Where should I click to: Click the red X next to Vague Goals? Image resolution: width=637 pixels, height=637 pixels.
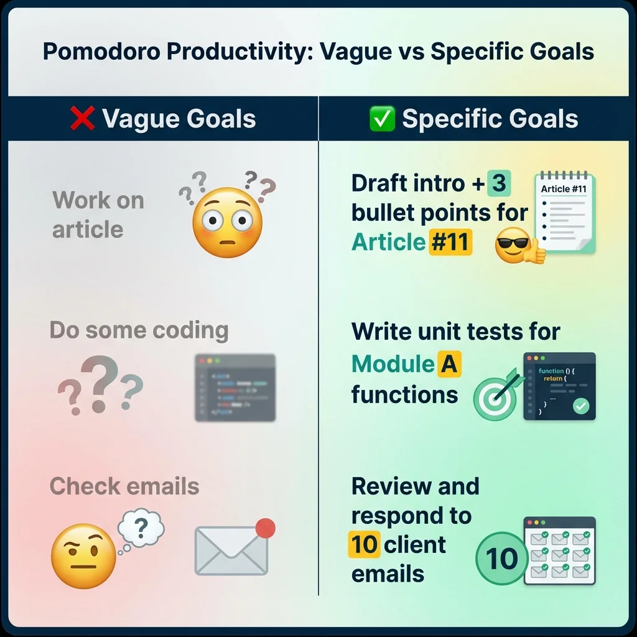[x=82, y=119]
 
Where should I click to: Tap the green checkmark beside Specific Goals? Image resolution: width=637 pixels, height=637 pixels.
[x=382, y=119]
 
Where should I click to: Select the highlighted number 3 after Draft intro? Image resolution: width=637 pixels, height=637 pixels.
[x=498, y=184]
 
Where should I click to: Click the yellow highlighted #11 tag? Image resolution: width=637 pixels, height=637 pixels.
[x=450, y=241]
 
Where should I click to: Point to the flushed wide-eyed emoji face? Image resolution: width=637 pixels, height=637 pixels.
[x=227, y=223]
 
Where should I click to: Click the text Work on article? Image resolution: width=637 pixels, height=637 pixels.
[x=98, y=215]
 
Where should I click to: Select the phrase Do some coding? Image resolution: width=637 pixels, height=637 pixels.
[x=139, y=330]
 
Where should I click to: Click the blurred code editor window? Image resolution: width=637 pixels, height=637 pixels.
[x=235, y=387]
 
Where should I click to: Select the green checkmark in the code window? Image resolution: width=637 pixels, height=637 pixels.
[x=581, y=406]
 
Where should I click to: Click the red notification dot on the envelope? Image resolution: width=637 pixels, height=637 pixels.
[x=265, y=528]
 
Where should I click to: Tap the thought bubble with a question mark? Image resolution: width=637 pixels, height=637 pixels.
[x=141, y=530]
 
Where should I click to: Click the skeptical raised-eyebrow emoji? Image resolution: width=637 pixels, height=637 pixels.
[x=83, y=555]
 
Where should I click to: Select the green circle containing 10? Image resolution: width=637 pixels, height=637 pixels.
[x=501, y=558]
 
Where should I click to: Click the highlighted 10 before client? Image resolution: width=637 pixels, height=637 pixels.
[x=365, y=544]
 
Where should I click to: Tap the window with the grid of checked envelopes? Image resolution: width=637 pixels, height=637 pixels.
[x=559, y=551]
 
